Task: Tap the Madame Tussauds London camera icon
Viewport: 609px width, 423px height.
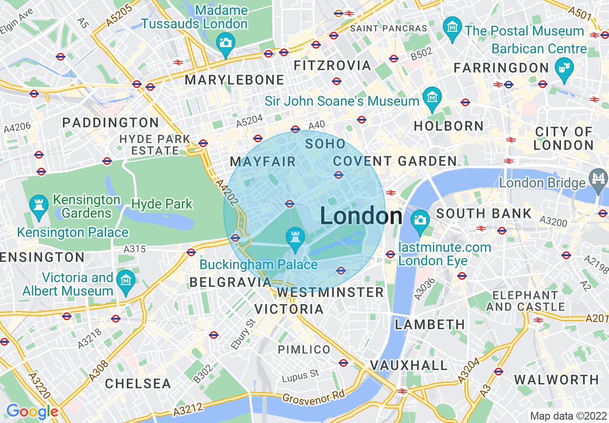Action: click(225, 42)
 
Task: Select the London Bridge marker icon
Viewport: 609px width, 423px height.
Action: click(599, 177)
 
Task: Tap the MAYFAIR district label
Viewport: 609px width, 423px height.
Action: click(263, 162)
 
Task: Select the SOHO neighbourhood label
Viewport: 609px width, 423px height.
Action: click(325, 144)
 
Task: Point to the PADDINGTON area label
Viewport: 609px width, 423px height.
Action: click(110, 123)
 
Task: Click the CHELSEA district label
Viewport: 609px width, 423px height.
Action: click(138, 384)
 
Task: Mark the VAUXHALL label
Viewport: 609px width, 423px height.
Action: click(409, 366)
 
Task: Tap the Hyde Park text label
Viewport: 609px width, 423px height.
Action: click(162, 204)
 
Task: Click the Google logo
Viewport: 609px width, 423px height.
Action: click(32, 411)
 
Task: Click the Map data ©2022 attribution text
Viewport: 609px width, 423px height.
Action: click(568, 416)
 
